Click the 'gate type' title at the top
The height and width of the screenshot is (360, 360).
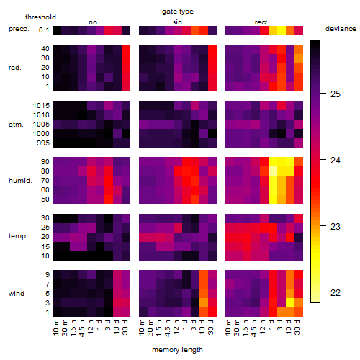point(178,12)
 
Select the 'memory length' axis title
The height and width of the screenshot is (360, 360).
point(177,350)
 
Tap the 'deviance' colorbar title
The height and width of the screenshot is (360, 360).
point(341,29)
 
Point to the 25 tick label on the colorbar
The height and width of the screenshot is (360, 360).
point(336,94)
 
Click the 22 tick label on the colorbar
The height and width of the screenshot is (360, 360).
point(336,293)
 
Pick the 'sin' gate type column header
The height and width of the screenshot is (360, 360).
point(177,22)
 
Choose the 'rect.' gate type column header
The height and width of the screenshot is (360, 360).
point(262,22)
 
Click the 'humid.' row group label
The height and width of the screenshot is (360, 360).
point(20,181)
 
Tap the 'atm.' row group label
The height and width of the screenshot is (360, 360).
point(16,125)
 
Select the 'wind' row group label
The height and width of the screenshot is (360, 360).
point(17,294)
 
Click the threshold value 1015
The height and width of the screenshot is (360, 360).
point(41,106)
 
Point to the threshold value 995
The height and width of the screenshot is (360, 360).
point(43,143)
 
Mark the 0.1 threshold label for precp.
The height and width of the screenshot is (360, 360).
point(44,30)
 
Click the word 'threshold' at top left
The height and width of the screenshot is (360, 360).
point(40,17)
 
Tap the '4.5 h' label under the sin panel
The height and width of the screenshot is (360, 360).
point(168,328)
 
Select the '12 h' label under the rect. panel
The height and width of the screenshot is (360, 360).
point(263,327)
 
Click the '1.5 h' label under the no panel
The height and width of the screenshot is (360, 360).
point(73,328)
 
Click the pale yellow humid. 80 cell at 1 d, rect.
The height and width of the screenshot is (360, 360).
point(273,171)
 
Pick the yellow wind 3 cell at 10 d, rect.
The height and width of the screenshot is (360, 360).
point(290,302)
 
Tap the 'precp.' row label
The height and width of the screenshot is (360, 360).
point(19,29)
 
